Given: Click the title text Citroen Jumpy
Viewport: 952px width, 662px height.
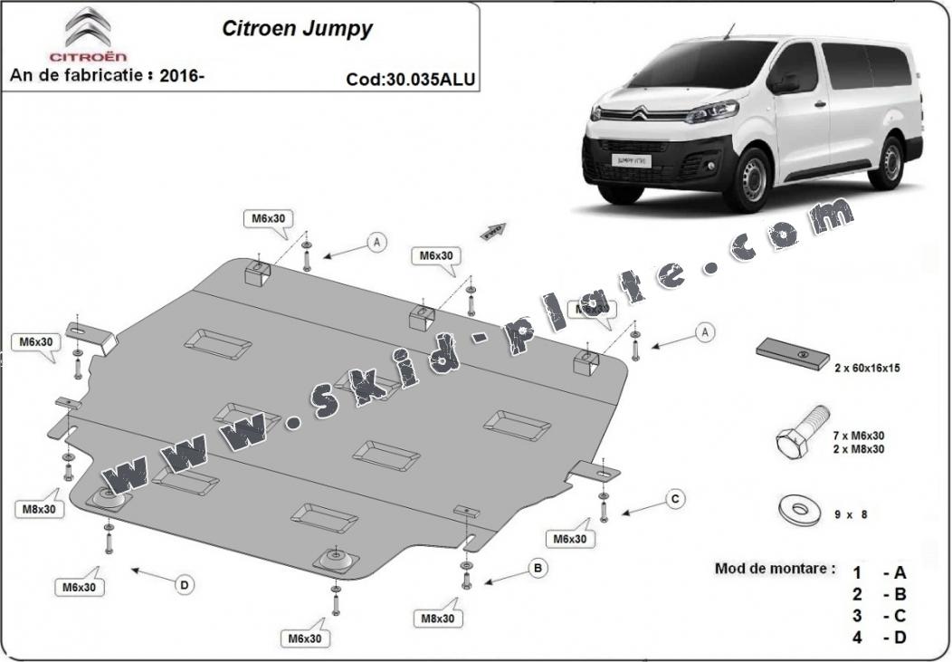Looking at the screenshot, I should click(x=297, y=28).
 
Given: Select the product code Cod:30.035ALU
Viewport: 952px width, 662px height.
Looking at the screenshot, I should click(x=410, y=79).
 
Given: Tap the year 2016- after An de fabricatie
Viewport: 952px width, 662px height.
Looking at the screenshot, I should click(x=182, y=76).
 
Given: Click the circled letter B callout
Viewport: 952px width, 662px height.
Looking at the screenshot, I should click(x=538, y=569).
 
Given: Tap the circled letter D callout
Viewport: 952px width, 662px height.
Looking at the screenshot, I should click(x=184, y=586).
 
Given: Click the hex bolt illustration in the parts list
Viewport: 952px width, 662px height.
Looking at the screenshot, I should click(x=803, y=431).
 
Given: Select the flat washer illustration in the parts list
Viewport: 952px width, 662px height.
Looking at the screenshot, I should click(x=800, y=510).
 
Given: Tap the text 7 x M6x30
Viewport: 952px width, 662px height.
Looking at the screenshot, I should click(x=859, y=437).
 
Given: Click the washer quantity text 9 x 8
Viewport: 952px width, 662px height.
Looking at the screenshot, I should click(x=851, y=514).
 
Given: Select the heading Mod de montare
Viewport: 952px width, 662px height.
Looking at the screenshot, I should click(x=775, y=569).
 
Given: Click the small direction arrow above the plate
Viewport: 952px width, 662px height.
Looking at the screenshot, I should click(x=493, y=230).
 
